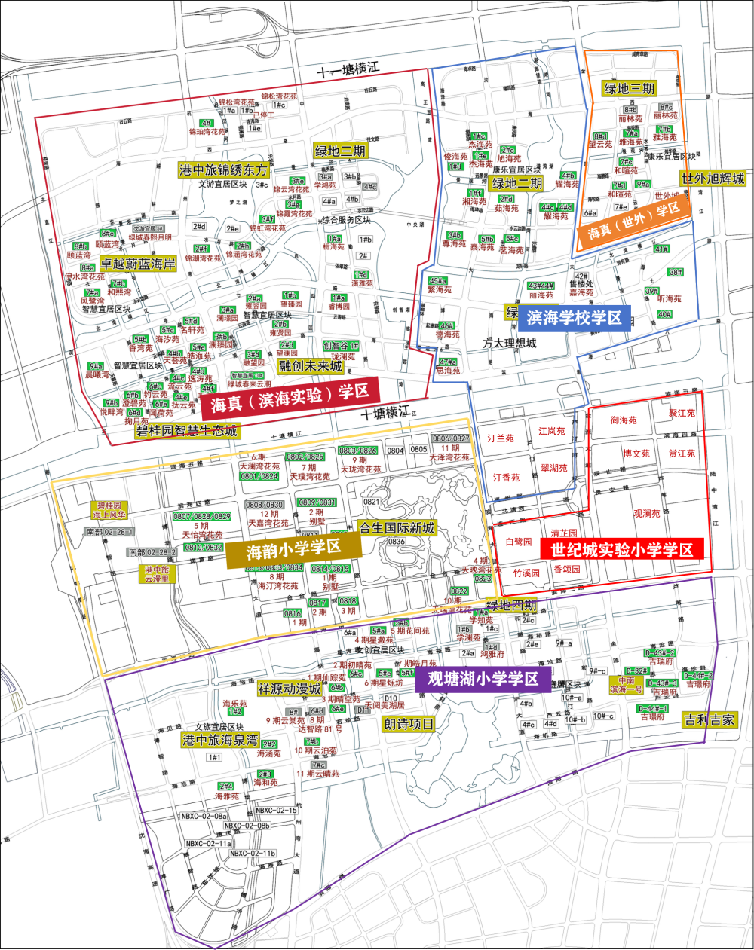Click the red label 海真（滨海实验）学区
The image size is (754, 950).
coord(290,398)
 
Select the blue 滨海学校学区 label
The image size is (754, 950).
coord(575,318)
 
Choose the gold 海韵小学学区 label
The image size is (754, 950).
coord(293,548)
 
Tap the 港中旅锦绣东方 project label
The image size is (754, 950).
coord(223,170)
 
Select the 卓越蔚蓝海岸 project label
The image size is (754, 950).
coord(137,264)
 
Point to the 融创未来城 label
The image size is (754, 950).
coord(311,366)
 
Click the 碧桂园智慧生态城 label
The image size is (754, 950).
coord(186,431)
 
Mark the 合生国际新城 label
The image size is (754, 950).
coord(397,528)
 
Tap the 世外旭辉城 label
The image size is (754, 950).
coord(713,179)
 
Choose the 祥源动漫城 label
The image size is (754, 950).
coord(290,689)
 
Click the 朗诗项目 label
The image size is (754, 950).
coord(409,724)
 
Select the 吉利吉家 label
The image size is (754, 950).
coord(709,720)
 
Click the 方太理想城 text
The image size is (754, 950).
coord(510,344)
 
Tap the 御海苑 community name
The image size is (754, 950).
coord(624,420)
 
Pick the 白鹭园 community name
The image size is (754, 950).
coord(518,542)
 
